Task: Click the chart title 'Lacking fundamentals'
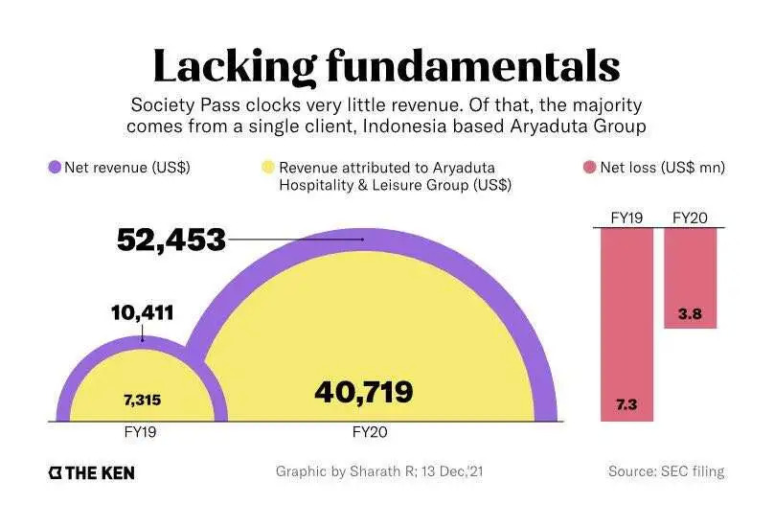[386, 65]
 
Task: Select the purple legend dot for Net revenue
[55, 168]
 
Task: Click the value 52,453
[171, 240]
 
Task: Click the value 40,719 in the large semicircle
[364, 391]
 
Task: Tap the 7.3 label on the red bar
[627, 405]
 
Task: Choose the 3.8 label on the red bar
[690, 312]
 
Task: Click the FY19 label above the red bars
[627, 218]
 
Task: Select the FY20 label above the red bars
[690, 218]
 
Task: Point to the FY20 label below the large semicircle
[370, 432]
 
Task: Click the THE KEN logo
[92, 472]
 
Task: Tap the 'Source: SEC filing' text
[666, 471]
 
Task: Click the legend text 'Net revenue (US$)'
[127, 168]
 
